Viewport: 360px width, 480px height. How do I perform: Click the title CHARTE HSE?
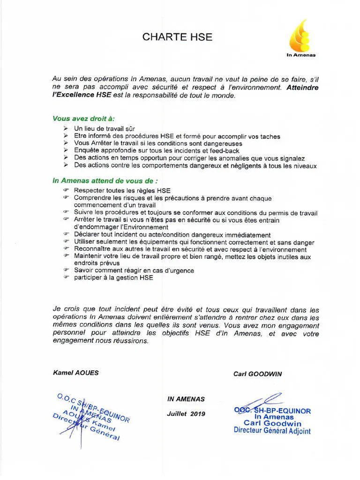click(x=177, y=37)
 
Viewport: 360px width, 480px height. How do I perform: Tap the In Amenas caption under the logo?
click(x=301, y=55)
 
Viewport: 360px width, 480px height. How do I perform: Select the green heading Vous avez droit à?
click(x=83, y=119)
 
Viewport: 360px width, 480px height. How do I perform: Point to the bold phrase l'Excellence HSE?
click(x=82, y=95)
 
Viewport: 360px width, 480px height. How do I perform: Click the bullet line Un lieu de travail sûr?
click(x=105, y=128)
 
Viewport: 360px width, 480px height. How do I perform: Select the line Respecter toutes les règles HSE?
click(x=122, y=191)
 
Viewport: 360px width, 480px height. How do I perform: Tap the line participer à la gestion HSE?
click(x=113, y=277)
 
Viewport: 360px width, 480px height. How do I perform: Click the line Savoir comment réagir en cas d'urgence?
click(x=134, y=270)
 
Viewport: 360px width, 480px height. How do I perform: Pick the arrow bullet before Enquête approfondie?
click(x=66, y=151)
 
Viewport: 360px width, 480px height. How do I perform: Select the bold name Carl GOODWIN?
click(x=257, y=374)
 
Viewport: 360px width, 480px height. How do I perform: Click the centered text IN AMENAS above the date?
click(x=186, y=399)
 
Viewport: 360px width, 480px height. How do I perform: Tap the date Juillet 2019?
click(x=186, y=414)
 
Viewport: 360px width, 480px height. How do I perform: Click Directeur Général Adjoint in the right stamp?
click(x=272, y=431)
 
